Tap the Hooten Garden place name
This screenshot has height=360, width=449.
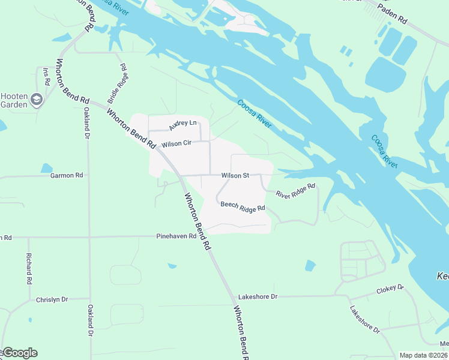click(14, 100)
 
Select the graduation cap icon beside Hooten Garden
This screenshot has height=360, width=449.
click(37, 100)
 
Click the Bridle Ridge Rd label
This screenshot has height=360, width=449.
click(117, 83)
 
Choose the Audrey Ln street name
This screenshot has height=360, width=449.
click(182, 125)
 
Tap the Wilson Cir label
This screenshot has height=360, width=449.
click(176, 144)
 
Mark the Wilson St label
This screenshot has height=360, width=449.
click(235, 175)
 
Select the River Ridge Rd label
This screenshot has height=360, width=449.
click(295, 190)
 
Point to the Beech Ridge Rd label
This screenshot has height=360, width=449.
click(243, 206)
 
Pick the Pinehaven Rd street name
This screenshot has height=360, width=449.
click(176, 236)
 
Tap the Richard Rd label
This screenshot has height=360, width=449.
click(29, 268)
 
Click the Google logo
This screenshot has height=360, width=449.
click(20, 353)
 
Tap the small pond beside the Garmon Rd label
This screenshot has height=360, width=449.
click(47, 168)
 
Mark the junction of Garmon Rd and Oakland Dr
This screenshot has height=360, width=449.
click(88, 176)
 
